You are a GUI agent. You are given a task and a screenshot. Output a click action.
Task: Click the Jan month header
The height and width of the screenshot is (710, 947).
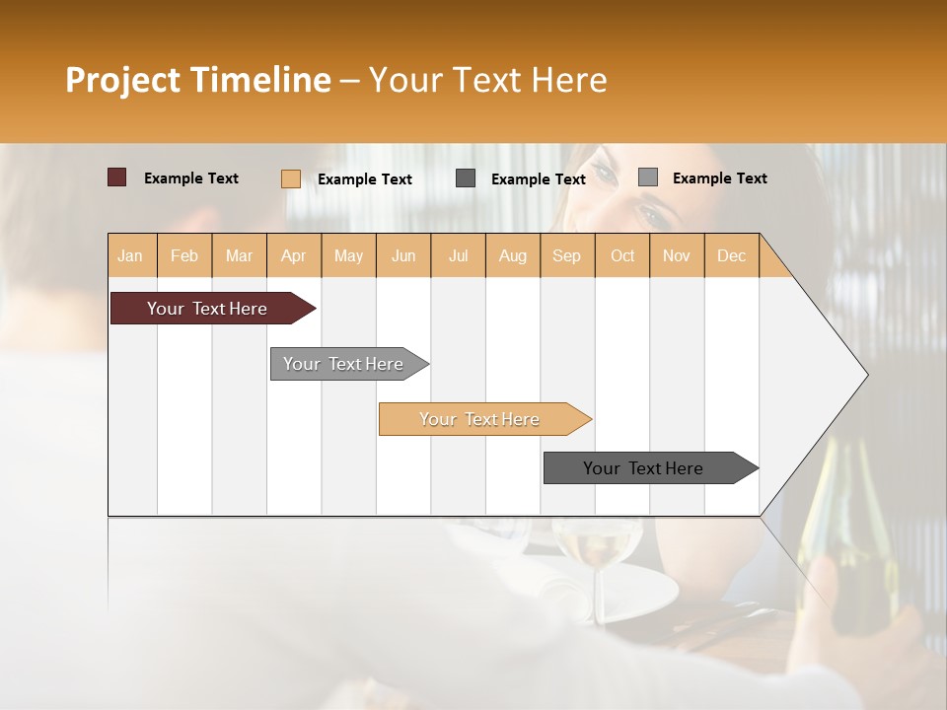point(131,255)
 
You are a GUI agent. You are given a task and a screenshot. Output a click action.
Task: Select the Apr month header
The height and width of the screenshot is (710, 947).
point(294,255)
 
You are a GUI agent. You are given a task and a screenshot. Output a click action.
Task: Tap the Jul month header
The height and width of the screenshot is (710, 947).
point(458,255)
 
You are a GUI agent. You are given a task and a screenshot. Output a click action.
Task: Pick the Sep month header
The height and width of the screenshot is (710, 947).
point(567,255)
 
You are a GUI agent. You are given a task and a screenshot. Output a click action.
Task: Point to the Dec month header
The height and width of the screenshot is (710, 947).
point(731,255)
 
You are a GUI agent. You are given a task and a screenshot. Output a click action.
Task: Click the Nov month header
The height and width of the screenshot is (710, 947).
point(677,255)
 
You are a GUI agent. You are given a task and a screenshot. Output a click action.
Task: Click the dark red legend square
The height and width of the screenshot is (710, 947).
point(116,177)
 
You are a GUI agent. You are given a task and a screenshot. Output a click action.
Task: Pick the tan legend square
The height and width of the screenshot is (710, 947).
point(290,178)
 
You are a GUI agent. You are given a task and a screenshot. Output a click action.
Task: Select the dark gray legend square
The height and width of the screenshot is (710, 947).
point(466,178)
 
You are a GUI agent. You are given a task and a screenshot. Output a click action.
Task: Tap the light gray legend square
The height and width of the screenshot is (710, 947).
point(647,177)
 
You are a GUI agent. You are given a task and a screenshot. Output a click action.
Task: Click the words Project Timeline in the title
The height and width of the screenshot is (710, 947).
point(197,80)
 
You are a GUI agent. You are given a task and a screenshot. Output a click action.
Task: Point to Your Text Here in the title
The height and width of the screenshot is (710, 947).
point(487,80)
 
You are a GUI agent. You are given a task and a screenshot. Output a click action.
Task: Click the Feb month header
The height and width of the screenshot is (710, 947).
point(184,255)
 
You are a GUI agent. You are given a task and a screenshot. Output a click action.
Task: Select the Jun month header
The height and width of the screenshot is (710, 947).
point(403,255)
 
